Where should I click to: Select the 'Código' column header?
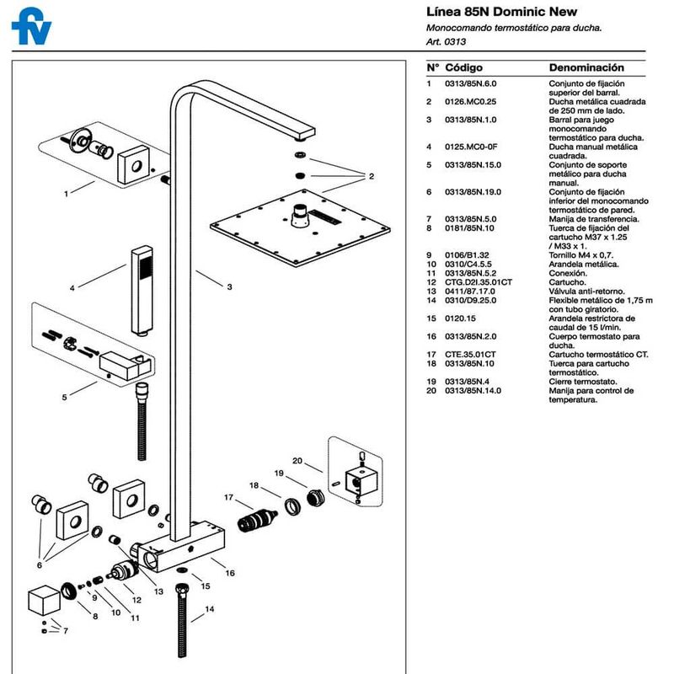463,67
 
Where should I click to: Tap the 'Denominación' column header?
586,67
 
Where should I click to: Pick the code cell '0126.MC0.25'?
472,102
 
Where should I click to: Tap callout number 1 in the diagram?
66,193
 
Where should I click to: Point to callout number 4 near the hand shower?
72,288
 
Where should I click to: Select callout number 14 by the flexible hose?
210,607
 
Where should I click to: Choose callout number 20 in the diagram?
297,461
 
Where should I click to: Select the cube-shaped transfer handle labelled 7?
41,602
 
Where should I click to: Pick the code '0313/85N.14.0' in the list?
475,391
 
